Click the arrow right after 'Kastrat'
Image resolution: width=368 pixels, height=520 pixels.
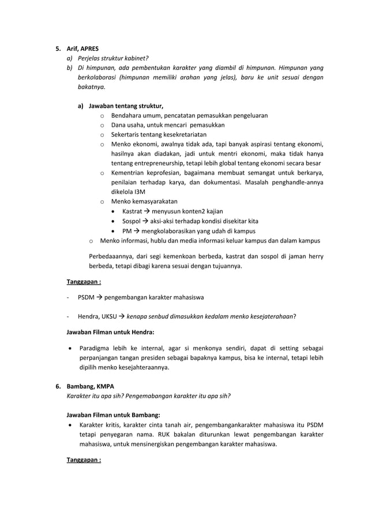(148, 211)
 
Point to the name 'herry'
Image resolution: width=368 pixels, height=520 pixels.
(314, 257)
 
